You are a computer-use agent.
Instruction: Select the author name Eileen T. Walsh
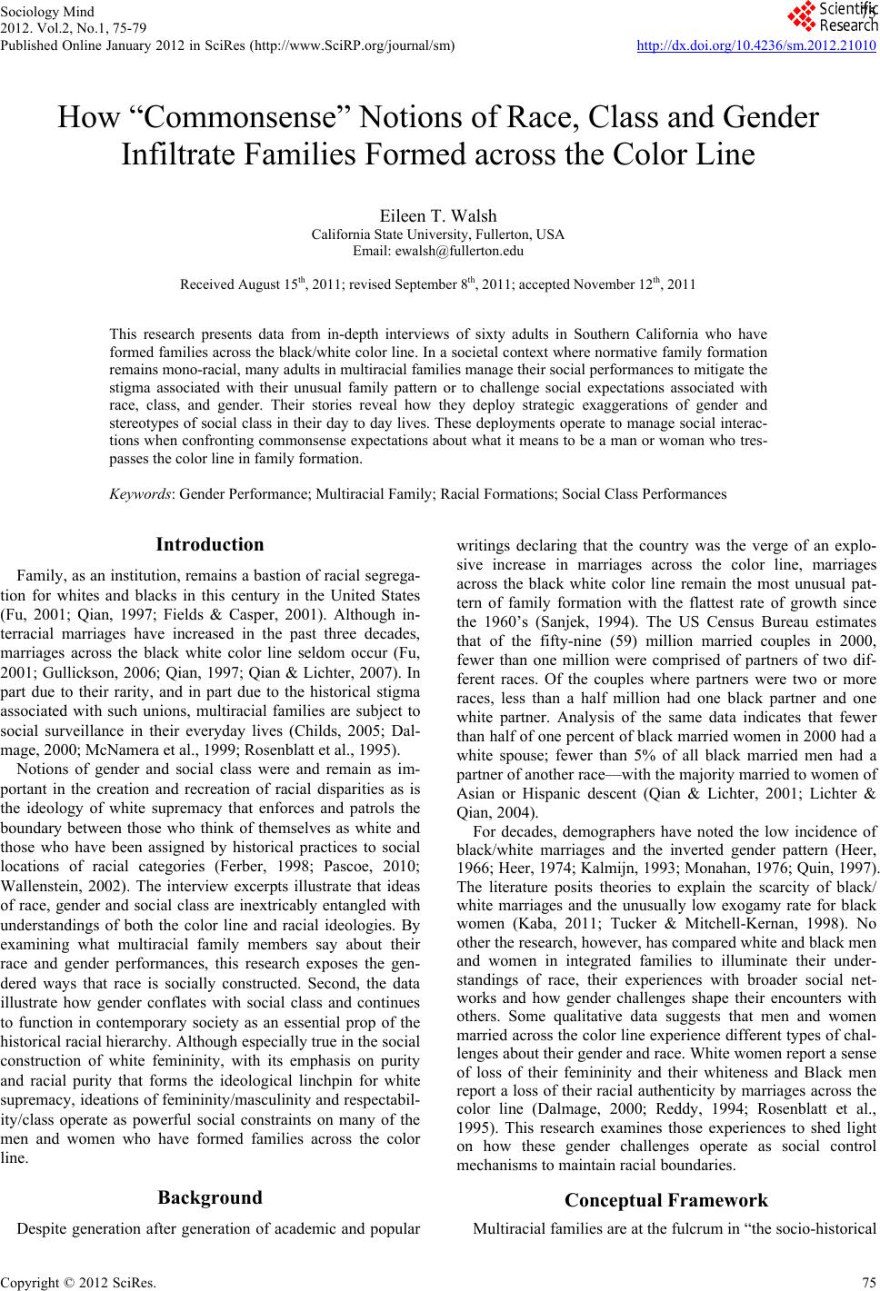point(438,216)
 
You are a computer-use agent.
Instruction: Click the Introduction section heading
point(210,545)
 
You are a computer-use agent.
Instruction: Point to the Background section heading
point(210,1197)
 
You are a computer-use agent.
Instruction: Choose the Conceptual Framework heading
point(666,1201)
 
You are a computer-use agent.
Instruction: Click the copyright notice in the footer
point(79,1282)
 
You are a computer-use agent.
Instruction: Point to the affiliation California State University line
point(438,234)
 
